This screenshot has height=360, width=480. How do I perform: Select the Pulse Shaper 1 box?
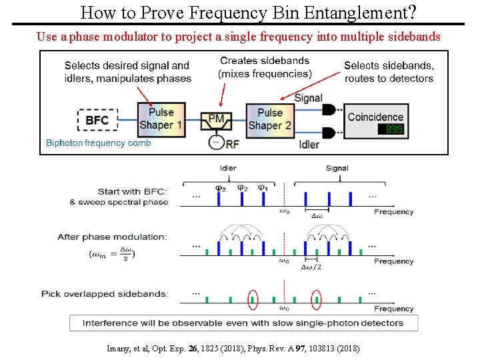click(x=161, y=119)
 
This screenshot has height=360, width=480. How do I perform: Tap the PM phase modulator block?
click(x=217, y=121)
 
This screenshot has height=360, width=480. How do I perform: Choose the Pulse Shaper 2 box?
click(x=269, y=119)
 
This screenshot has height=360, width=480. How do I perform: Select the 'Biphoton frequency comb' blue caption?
click(x=99, y=143)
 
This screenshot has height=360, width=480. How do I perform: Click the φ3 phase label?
click(x=220, y=188)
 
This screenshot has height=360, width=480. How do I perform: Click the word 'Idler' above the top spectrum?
click(x=228, y=168)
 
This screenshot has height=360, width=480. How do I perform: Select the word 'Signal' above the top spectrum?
click(x=337, y=168)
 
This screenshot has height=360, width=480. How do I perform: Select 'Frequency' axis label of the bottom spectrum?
click(x=393, y=309)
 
